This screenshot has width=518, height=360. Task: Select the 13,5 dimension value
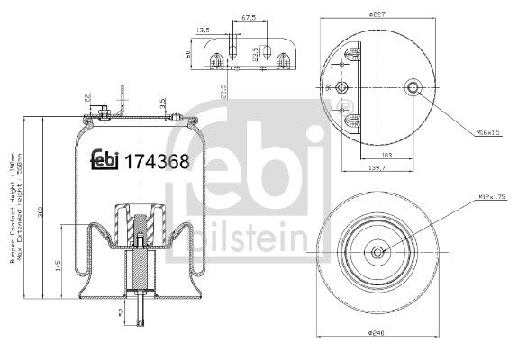[203, 30]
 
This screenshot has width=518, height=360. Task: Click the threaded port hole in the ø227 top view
[414, 87]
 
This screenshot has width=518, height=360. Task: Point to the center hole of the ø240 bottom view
[377, 254]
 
